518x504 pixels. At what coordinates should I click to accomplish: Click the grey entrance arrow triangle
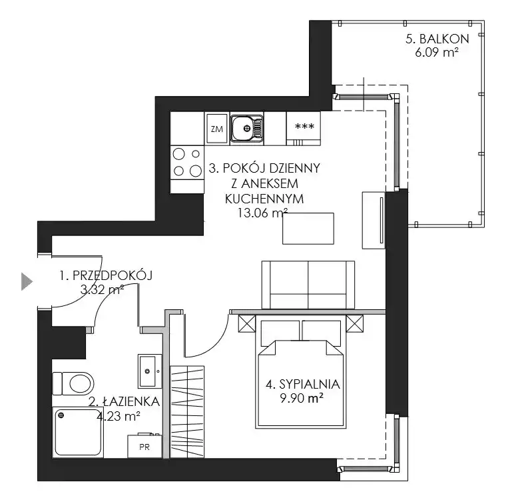[x=27, y=281]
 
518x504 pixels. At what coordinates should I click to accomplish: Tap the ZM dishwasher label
[x=216, y=129]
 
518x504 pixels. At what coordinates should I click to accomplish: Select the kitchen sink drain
[x=246, y=128]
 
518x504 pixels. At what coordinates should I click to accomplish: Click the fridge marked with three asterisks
[x=304, y=129]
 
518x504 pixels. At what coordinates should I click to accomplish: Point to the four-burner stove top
[x=187, y=163]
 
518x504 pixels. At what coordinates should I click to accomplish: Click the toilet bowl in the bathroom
[x=73, y=383]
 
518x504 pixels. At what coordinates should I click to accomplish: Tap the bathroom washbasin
[x=150, y=371]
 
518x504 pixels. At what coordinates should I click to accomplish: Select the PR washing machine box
[x=144, y=446]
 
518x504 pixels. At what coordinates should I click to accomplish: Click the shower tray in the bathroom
[x=78, y=433]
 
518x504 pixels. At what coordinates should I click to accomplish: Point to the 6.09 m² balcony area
[x=437, y=53]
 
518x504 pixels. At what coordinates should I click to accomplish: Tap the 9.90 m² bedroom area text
[x=302, y=398]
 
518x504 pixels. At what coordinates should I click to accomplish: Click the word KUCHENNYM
[x=264, y=199]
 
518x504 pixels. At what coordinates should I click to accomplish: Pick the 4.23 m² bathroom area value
[x=119, y=416]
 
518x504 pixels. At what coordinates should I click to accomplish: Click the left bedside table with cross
[x=247, y=323]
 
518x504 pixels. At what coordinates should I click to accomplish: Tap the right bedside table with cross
[x=354, y=323]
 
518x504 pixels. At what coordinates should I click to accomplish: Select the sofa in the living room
[x=308, y=285]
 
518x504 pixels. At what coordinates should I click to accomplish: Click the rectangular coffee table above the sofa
[x=308, y=229]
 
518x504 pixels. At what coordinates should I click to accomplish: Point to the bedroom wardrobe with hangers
[x=187, y=412]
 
